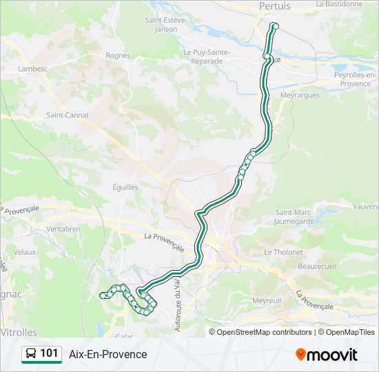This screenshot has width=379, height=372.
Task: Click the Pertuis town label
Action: [275, 6]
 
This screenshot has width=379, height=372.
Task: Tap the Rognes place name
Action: [118, 55]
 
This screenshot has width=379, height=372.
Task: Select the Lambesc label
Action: [33, 68]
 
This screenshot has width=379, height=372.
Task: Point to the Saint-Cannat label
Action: [68, 115]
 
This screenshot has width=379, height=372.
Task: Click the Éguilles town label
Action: [125, 187]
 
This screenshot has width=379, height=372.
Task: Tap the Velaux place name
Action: [24, 252]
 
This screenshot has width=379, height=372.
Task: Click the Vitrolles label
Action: [19, 332]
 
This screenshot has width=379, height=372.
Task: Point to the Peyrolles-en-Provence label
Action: [354, 79]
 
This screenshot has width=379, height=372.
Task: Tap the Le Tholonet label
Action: [283, 252]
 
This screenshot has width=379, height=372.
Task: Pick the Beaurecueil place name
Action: [316, 265]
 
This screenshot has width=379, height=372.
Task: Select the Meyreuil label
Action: [267, 301]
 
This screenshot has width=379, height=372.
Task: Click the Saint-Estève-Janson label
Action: [166, 25]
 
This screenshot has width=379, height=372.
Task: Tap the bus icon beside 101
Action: [31, 354]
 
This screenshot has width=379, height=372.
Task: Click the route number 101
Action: [49, 354]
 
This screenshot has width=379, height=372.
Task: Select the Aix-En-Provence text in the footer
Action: [108, 354]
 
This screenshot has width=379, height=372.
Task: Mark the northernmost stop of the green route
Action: [275, 27]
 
